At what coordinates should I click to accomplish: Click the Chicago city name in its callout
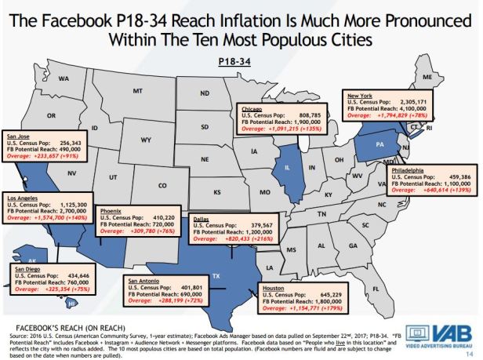coord(252,110)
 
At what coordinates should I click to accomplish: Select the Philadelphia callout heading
coord(404,169)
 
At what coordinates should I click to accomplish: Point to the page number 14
coord(469,352)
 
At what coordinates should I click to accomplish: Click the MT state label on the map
coord(138,92)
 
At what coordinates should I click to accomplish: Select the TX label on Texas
coord(216,276)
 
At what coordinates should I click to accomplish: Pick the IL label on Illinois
coord(288,166)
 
